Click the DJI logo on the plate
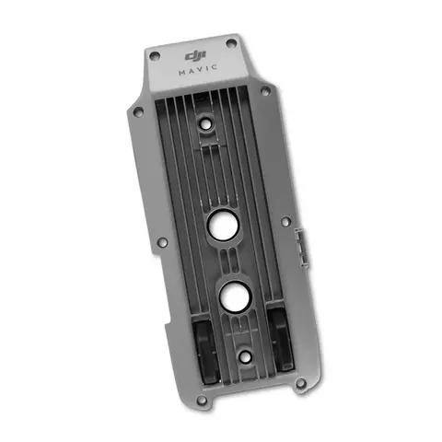coord(195,56)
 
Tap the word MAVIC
coord(198,70)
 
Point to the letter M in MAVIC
coord(182,73)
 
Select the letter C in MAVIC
coord(215,67)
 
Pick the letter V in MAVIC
coord(198,70)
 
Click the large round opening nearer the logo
coord(223,227)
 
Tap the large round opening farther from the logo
coord(235,297)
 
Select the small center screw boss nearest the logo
coord(204,124)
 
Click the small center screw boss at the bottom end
coord(245,357)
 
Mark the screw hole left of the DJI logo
coord(155,56)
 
